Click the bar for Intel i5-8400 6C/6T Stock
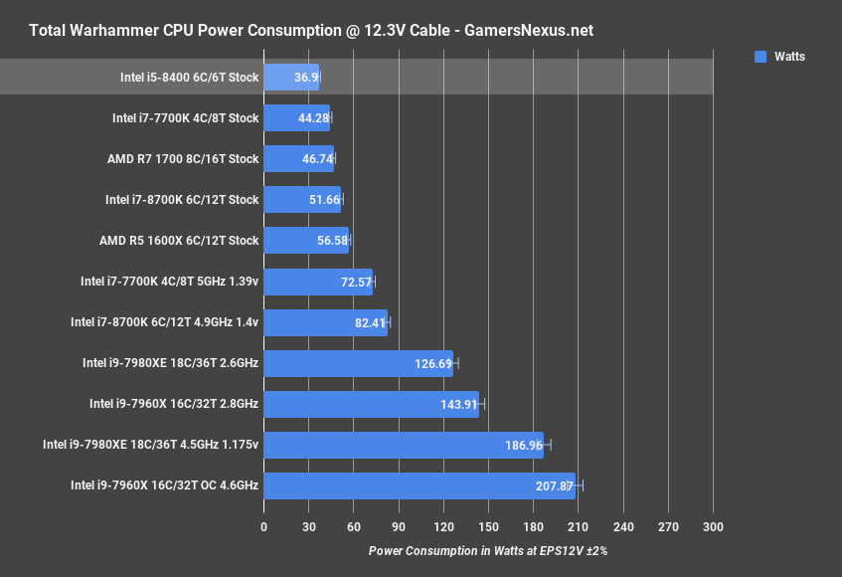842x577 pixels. pyautogui.click(x=291, y=77)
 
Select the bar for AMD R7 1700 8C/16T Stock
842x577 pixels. pyautogui.click(x=298, y=158)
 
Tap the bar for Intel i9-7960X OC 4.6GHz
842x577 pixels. pyautogui.click(x=419, y=485)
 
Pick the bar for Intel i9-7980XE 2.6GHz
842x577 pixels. pyautogui.click(x=358, y=363)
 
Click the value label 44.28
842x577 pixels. pyautogui.click(x=312, y=118)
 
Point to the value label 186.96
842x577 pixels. pyautogui.click(x=523, y=445)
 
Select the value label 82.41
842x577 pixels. pyautogui.click(x=369, y=322)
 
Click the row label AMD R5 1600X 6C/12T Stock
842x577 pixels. pyautogui.click(x=179, y=241)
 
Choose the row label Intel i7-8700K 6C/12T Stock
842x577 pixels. pyautogui.click(x=182, y=200)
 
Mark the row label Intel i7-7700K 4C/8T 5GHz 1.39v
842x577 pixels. pyautogui.click(x=169, y=282)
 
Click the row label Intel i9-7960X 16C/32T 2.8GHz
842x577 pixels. pyautogui.click(x=174, y=404)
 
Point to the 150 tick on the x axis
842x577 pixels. pyautogui.click(x=488, y=527)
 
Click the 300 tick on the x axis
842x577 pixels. pyautogui.click(x=713, y=527)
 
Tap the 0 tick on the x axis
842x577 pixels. pyautogui.click(x=263, y=527)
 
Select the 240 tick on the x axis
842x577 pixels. pyautogui.click(x=623, y=527)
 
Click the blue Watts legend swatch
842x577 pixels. pyautogui.click(x=760, y=57)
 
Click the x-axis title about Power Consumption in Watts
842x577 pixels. pyautogui.click(x=487, y=550)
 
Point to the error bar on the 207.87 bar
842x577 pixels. pyautogui.click(x=581, y=485)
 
